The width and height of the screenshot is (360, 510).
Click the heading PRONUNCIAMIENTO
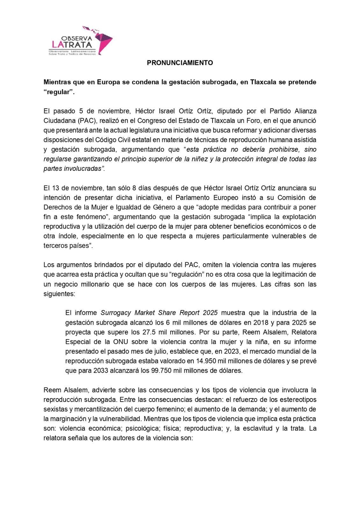coord(180,63)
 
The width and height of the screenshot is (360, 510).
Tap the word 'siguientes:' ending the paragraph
coord(59,294)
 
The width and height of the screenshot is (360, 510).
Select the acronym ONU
coord(120,342)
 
